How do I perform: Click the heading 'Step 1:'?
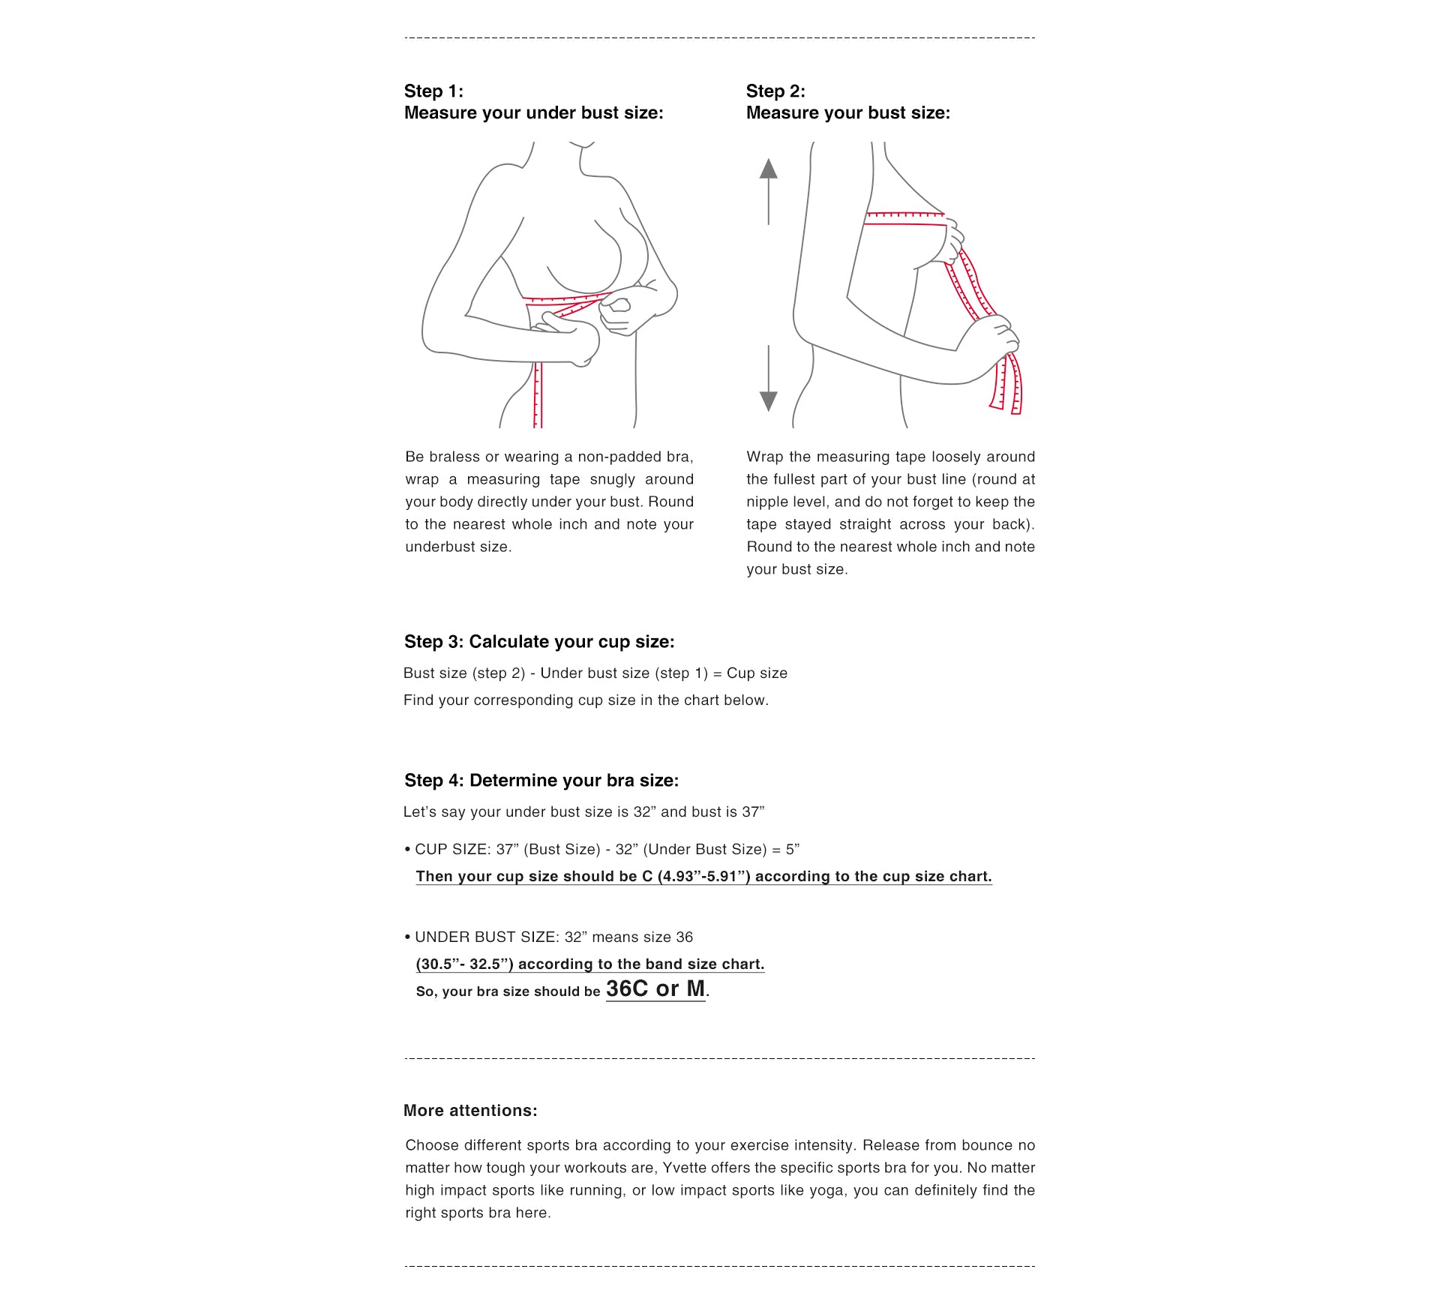[x=433, y=91]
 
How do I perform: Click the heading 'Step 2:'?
[x=775, y=91]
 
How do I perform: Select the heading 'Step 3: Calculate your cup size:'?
[x=539, y=642]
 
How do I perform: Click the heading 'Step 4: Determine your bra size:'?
[x=541, y=781]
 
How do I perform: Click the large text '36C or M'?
[x=655, y=989]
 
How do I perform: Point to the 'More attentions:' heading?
[x=470, y=1111]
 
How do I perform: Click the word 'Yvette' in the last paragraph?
[x=685, y=1168]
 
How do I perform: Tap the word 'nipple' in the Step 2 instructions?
[x=769, y=502]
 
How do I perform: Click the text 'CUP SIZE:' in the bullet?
[x=452, y=850]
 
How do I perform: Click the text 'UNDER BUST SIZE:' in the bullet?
[x=485, y=937]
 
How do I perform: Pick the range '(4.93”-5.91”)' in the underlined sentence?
[x=703, y=877]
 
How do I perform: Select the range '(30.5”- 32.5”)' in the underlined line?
[x=465, y=964]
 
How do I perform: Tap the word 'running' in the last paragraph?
[x=596, y=1190]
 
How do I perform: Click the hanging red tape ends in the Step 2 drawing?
[x=1007, y=386]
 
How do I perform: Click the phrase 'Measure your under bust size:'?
[x=533, y=113]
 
